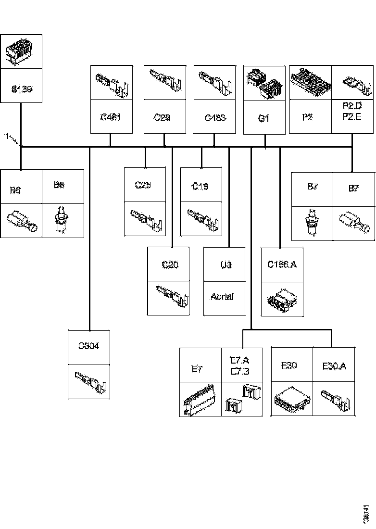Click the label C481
111,117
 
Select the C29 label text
162,117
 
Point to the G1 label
263,118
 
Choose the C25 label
143,185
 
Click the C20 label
170,264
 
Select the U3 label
226,264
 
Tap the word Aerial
222,297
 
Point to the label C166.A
282,264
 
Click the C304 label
89,346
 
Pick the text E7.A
239,361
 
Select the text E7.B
239,371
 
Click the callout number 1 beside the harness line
7,137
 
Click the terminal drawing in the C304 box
89,382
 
